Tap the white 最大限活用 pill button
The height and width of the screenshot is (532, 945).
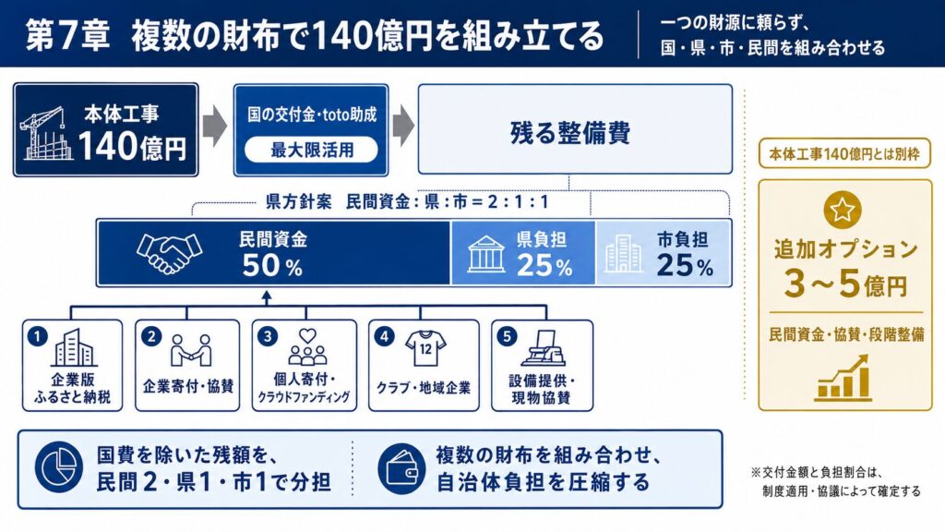(311, 150)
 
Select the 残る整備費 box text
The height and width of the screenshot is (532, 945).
(570, 133)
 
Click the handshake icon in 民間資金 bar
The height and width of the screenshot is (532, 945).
(170, 253)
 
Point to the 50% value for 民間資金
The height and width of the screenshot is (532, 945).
(272, 265)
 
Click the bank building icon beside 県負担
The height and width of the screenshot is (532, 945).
(485, 255)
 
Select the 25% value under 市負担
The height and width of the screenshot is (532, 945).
(685, 265)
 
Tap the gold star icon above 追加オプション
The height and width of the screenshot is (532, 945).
(842, 210)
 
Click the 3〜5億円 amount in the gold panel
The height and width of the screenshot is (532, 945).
(845, 284)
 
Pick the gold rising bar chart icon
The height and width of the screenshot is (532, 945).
(843, 378)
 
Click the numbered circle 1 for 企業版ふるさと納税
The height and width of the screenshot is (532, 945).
(37, 336)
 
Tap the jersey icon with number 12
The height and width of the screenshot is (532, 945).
(425, 348)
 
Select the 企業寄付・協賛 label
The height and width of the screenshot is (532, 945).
(188, 387)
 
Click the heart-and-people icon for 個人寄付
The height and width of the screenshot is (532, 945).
(307, 347)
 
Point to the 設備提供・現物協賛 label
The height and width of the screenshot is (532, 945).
(541, 389)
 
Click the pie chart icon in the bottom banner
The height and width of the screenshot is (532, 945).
(58, 466)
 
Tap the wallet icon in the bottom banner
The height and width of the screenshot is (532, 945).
(402, 468)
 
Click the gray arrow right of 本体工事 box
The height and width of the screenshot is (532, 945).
(214, 127)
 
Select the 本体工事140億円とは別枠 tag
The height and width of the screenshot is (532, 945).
(844, 154)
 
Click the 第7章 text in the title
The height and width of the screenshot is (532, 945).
(67, 35)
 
